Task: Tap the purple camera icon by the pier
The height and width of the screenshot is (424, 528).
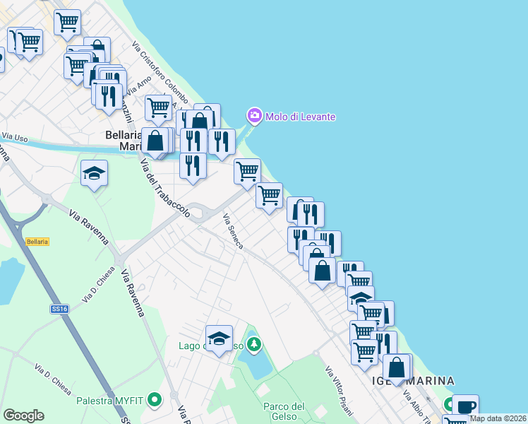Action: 253,115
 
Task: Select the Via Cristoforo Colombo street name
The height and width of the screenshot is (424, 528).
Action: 160,73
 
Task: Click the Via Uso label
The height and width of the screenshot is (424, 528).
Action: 14,136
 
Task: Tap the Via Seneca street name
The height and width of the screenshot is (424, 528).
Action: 234,231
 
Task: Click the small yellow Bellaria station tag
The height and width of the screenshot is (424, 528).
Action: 37,242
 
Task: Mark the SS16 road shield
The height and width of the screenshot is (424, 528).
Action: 59,309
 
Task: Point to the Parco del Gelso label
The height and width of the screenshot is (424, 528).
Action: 284,411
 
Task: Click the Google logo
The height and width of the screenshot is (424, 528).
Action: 23,416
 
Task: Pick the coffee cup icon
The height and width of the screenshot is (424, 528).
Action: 466,406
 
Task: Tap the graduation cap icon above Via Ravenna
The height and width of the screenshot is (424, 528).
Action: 94,173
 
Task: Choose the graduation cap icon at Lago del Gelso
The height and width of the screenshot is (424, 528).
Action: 219,337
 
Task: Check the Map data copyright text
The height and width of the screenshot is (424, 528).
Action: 497,418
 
